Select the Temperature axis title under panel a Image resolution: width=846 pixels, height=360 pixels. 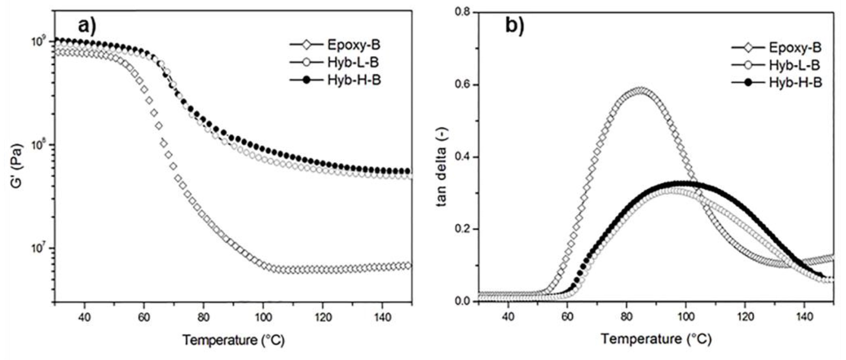pyautogui.click(x=233, y=340)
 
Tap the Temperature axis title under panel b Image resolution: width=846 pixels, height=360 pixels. pyautogui.click(x=656, y=339)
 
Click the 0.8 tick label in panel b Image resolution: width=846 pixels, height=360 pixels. pyautogui.click(x=462, y=13)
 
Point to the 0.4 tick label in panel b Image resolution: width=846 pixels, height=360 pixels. pyautogui.click(x=462, y=157)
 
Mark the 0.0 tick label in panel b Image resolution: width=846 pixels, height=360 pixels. pyautogui.click(x=462, y=302)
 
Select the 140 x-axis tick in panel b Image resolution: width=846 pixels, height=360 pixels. pyautogui.click(x=805, y=317)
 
